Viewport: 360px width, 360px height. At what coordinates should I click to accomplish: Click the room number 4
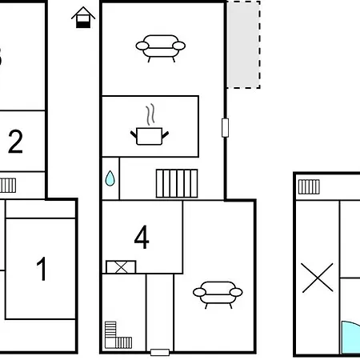tap(142, 237)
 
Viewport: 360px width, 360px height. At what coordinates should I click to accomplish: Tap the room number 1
tap(42, 269)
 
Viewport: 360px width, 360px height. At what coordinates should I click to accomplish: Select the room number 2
tap(15, 142)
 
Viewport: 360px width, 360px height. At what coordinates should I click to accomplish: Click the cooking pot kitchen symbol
tap(150, 136)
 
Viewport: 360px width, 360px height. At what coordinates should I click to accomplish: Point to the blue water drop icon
tap(110, 178)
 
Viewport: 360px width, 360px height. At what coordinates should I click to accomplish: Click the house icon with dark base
tap(83, 18)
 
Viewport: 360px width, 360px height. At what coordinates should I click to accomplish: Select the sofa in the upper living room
tap(161, 48)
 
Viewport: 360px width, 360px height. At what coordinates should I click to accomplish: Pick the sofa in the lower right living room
tap(218, 294)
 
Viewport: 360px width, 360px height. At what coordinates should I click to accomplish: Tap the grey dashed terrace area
tap(243, 45)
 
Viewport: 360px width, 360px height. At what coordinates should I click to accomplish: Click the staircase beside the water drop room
tap(177, 183)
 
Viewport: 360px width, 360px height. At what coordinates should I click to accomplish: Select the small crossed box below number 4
tap(121, 267)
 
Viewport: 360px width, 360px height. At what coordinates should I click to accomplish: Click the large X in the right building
tap(318, 278)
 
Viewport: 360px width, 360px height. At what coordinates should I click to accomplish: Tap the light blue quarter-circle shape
tap(350, 338)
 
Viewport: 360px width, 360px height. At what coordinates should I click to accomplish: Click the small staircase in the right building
tap(309, 186)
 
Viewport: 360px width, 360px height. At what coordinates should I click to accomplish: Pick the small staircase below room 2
tap(8, 186)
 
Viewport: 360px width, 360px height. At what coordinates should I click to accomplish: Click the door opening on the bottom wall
tap(160, 352)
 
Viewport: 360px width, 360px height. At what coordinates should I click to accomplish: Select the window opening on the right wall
tap(226, 128)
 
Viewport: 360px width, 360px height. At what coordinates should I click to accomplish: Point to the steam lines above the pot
tap(150, 114)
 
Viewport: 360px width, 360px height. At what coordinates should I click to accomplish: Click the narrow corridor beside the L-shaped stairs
tap(160, 312)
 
